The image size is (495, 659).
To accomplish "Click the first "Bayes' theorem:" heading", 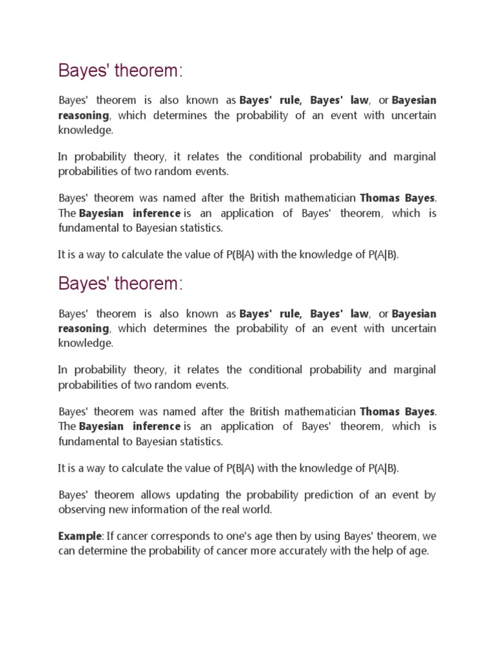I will (x=121, y=71).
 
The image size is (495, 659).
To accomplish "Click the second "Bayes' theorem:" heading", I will (x=121, y=284).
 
